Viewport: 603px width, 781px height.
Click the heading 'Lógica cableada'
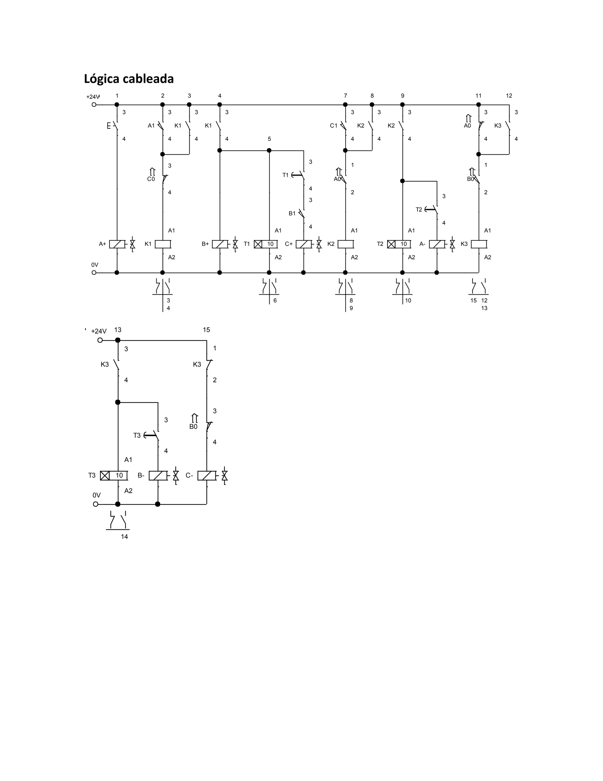(x=129, y=79)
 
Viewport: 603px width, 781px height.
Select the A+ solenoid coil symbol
(x=117, y=244)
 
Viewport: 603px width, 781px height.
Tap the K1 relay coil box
(x=163, y=244)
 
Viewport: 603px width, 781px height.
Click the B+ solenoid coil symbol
(x=220, y=244)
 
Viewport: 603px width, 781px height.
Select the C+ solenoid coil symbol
(x=304, y=244)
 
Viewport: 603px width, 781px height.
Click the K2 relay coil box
(x=345, y=244)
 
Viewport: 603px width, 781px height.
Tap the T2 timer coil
(x=399, y=244)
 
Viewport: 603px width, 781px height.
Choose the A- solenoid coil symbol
(x=437, y=244)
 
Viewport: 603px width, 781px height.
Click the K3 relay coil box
(x=479, y=244)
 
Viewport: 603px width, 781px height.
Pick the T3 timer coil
(x=114, y=476)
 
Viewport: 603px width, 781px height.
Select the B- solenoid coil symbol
(x=158, y=476)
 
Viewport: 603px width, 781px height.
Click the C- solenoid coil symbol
(x=207, y=476)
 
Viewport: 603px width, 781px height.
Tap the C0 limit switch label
(x=151, y=179)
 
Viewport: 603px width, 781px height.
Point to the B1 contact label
(x=292, y=213)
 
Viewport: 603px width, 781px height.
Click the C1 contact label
(x=334, y=126)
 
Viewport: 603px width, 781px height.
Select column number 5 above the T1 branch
(x=269, y=139)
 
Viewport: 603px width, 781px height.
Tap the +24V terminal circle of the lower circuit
(x=100, y=340)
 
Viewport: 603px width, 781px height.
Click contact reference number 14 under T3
(x=124, y=536)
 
